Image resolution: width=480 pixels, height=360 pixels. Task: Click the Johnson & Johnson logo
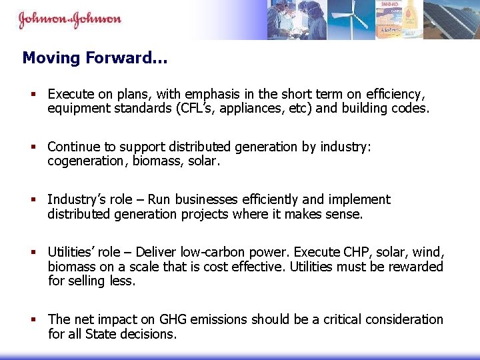coord(69,19)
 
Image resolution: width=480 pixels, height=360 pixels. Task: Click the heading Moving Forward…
coord(95,58)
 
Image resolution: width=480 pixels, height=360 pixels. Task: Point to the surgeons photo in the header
coord(297,20)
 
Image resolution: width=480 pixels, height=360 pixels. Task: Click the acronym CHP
coord(361,252)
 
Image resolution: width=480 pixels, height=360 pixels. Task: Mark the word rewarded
coord(417,267)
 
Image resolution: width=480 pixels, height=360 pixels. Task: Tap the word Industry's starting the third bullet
coord(72,199)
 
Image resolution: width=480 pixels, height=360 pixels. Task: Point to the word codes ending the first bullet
coord(409,108)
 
